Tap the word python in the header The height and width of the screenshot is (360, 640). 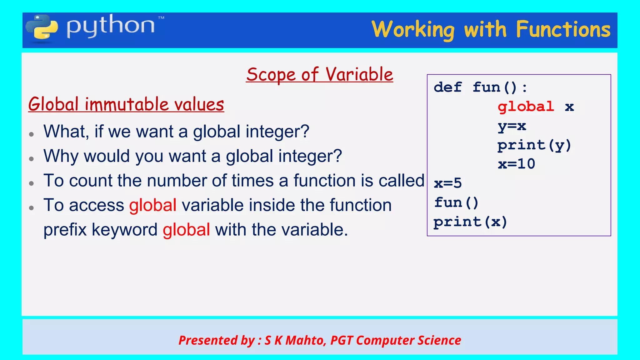pyautogui.click(x=110, y=26)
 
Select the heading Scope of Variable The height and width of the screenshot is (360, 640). pyautogui.click(x=319, y=75)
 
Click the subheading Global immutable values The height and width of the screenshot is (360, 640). pyautogui.click(x=126, y=104)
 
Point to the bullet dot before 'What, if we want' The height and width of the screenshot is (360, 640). pyautogui.click(x=31, y=134)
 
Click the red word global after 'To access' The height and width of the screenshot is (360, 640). pyautogui.click(x=153, y=205)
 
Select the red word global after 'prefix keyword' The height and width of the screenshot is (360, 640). pyautogui.click(x=186, y=230)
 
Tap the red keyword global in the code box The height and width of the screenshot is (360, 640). pyautogui.click(x=526, y=107)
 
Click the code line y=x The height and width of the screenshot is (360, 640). pyautogui.click(x=512, y=126)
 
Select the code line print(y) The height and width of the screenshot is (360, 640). pyautogui.click(x=534, y=145)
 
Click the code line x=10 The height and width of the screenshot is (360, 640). pyautogui.click(x=516, y=164)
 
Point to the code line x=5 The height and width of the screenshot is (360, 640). pyautogui.click(x=447, y=183)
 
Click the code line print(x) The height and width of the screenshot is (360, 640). pyautogui.click(x=470, y=222)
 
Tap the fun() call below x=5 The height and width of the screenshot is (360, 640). pyautogui.click(x=456, y=202)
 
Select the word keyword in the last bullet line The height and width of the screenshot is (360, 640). pyautogui.click(x=124, y=230)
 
